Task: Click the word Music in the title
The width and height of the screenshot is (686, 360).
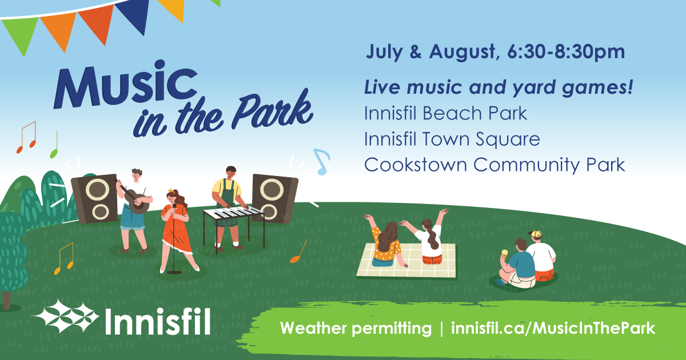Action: [x=126, y=84]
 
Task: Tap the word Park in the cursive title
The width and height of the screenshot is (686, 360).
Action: [x=272, y=111]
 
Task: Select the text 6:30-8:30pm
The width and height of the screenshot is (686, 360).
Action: [x=566, y=51]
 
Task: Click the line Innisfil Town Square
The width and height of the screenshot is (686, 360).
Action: [x=452, y=139]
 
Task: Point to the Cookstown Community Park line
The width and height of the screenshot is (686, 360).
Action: [x=494, y=165]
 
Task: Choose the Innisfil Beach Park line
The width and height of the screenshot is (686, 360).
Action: [x=445, y=113]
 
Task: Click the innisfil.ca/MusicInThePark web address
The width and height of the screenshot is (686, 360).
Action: [x=553, y=328]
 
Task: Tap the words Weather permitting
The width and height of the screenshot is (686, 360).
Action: [x=356, y=328]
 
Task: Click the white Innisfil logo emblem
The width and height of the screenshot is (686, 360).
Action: [x=65, y=317]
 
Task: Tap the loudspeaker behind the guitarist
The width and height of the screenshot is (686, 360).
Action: [x=94, y=198]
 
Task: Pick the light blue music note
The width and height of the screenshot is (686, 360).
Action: [x=321, y=162]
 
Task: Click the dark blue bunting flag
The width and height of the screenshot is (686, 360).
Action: [x=134, y=15]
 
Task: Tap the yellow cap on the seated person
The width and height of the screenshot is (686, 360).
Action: [x=535, y=234]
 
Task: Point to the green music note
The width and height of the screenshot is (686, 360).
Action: [x=54, y=145]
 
